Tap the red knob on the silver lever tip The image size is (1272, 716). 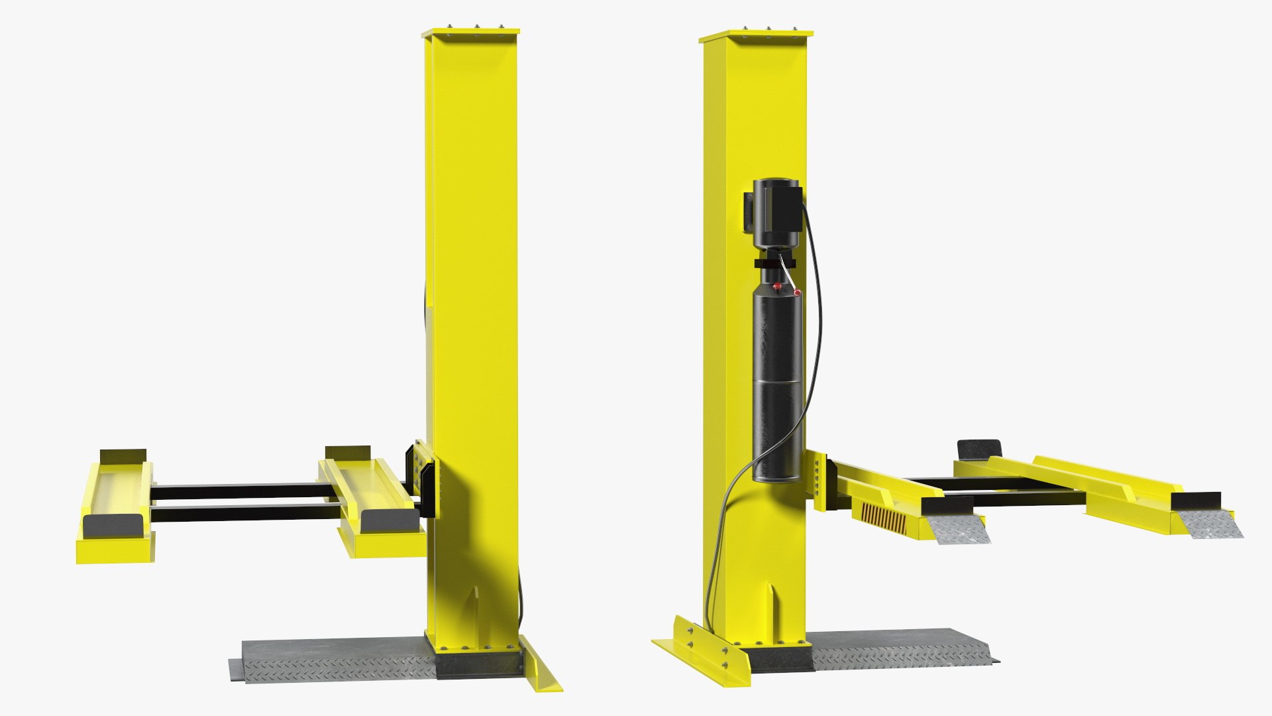tap(797, 292)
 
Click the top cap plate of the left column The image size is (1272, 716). tap(470, 32)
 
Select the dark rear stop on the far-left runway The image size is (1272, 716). tap(123, 455)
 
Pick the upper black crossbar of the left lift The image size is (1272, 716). tap(238, 491)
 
